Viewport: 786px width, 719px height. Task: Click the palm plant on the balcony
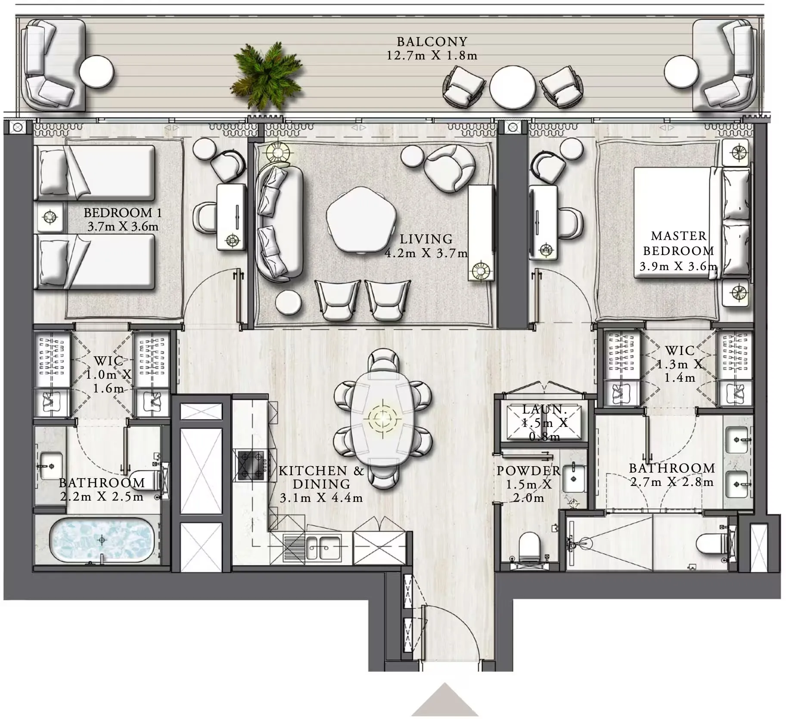click(x=267, y=77)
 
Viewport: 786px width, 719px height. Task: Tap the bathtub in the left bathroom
click(x=102, y=539)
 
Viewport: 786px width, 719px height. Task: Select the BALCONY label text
click(x=432, y=42)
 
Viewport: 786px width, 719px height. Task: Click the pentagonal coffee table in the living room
click(x=360, y=219)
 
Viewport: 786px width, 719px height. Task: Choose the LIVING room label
click(x=426, y=239)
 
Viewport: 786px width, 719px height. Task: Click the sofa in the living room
click(x=279, y=222)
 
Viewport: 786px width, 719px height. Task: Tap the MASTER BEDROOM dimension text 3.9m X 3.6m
click(x=678, y=266)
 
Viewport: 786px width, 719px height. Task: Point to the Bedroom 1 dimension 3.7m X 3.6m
click(x=123, y=227)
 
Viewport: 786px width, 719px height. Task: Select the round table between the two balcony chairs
click(x=512, y=87)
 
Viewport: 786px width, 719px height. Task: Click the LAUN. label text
click(x=544, y=409)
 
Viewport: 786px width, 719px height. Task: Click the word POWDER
click(x=528, y=471)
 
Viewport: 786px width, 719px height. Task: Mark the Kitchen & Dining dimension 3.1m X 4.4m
click(x=321, y=498)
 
